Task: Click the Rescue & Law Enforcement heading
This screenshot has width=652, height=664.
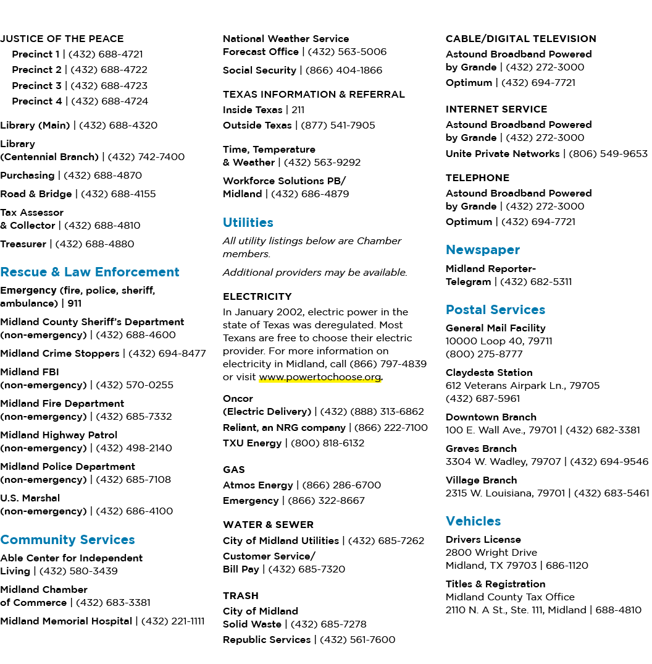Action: [x=90, y=272]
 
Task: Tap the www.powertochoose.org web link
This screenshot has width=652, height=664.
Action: [x=320, y=377]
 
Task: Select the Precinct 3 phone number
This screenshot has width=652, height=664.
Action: [x=109, y=85]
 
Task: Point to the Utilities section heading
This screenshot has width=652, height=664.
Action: [x=248, y=223]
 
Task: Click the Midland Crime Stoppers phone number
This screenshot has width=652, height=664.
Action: [x=167, y=353]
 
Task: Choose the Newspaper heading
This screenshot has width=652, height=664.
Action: [x=482, y=250]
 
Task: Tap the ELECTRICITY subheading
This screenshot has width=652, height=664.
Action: [x=257, y=296]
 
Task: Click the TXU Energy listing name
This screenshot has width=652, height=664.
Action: [x=252, y=443]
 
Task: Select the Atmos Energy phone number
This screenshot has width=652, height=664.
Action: [x=341, y=485]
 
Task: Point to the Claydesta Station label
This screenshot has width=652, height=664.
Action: [x=489, y=373]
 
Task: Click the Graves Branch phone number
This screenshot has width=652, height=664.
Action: [x=609, y=462]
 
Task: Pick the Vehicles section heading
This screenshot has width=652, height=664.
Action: [x=473, y=521]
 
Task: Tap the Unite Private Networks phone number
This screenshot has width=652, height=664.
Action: [x=608, y=154]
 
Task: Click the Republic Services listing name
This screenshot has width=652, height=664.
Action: [x=267, y=639]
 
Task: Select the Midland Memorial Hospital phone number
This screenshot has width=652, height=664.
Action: [x=172, y=621]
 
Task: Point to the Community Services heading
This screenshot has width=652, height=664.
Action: [x=68, y=540]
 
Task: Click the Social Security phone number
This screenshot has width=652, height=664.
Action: [x=344, y=70]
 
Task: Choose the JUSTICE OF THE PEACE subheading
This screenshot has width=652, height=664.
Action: [x=62, y=38]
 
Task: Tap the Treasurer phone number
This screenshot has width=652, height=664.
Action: [x=94, y=244]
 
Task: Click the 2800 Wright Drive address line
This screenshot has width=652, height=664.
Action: [x=491, y=553]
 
